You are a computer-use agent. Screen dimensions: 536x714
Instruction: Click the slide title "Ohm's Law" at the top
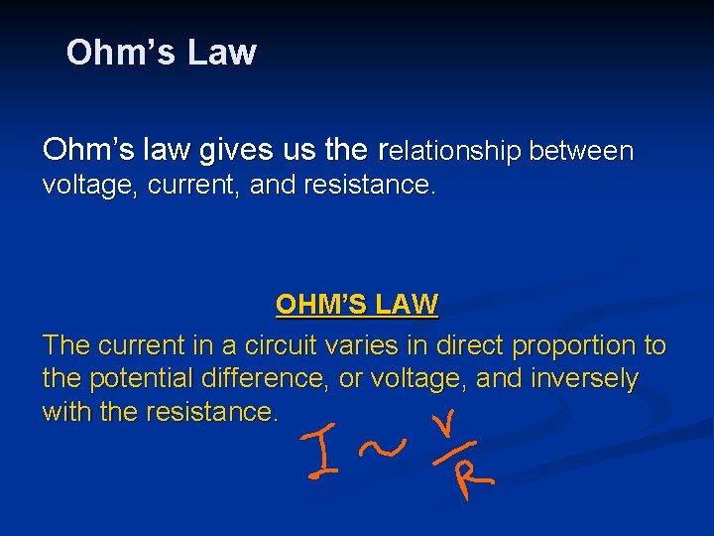coord(161,53)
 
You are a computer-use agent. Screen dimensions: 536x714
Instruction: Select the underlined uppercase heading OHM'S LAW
coord(357,304)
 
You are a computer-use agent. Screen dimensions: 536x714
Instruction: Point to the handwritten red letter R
coord(471,479)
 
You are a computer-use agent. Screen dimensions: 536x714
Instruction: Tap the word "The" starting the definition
coord(65,345)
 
